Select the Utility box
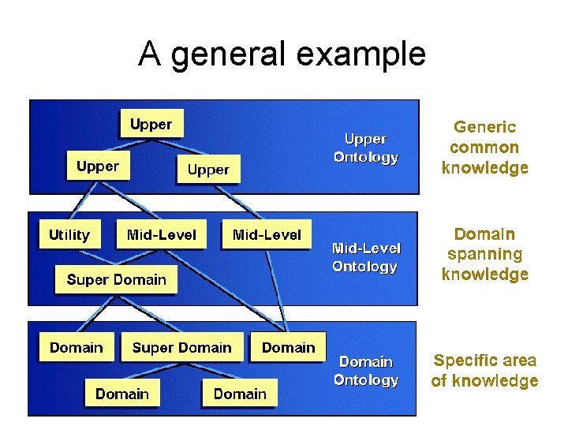[x=69, y=235]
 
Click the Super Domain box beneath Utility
[x=117, y=279]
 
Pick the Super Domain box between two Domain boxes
[x=182, y=348]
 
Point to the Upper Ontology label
[x=365, y=148]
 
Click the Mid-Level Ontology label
[x=365, y=257]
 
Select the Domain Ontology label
[x=365, y=370]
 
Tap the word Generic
[x=484, y=127]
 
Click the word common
[x=484, y=148]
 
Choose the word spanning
[x=484, y=254]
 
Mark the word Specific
[x=462, y=361]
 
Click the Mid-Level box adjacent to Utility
[x=162, y=235]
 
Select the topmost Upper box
[x=151, y=125]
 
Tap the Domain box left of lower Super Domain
[x=77, y=348]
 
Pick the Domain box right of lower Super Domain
[x=288, y=348]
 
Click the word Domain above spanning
[x=484, y=234]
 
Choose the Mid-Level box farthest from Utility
[x=267, y=235]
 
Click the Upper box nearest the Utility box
[x=98, y=166]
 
